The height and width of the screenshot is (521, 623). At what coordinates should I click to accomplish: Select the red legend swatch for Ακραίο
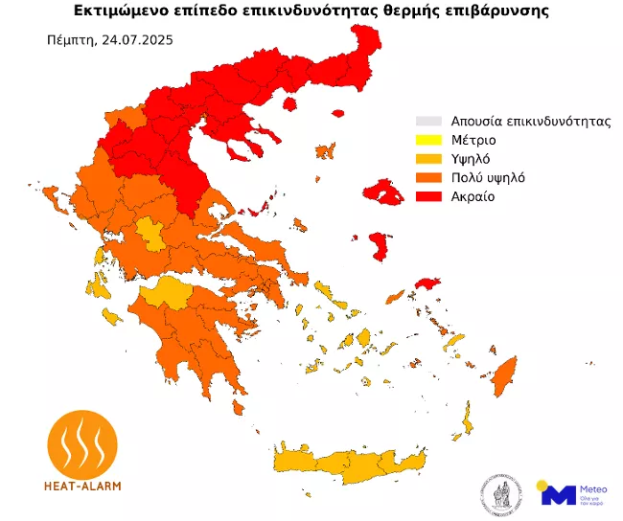click(x=427, y=196)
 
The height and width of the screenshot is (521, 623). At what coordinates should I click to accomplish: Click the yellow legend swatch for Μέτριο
click(x=427, y=140)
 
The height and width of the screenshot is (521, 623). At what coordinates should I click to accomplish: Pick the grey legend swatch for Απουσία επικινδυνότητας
click(x=427, y=122)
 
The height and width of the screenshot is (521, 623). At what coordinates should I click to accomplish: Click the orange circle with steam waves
click(x=82, y=442)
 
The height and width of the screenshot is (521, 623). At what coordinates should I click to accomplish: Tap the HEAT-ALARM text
click(x=82, y=486)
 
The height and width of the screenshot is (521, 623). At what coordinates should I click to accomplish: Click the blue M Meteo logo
click(x=559, y=493)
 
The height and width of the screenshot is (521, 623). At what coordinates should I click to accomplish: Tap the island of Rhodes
click(x=500, y=378)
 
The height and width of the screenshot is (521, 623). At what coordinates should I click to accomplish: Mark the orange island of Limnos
click(x=327, y=151)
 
